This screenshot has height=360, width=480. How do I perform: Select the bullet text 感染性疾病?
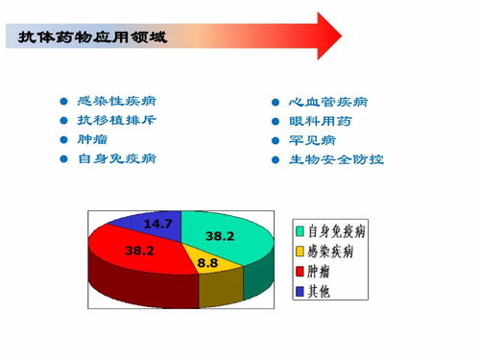click(117, 102)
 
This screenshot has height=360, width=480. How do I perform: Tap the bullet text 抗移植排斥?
click(117, 121)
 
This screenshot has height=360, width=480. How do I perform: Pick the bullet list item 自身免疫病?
click(117, 158)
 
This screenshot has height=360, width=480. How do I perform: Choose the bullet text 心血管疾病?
click(328, 102)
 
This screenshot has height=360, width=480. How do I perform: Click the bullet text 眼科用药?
click(321, 121)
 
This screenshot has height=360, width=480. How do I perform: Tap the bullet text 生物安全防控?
click(336, 159)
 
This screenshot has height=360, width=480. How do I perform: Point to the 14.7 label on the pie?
click(157, 224)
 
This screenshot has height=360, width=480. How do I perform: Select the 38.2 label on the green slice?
click(220, 236)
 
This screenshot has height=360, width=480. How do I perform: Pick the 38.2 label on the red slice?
click(140, 251)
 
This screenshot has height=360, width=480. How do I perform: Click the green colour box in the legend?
click(300, 231)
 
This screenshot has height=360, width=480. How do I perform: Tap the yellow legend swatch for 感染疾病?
click(300, 251)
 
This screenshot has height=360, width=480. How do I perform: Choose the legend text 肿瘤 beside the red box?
click(320, 271)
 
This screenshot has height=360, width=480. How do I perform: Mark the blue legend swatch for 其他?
click(300, 290)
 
